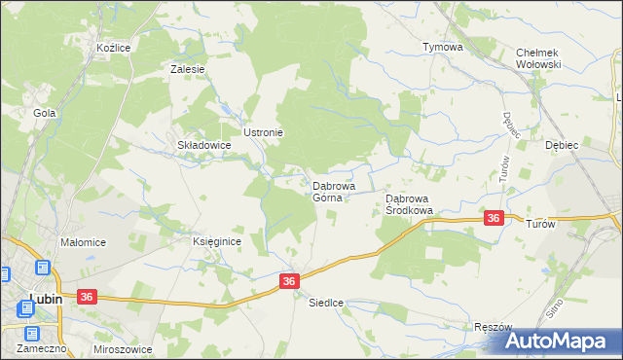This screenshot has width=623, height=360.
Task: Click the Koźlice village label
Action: pyautogui.click(x=114, y=47)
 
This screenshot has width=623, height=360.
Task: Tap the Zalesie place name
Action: pyautogui.click(x=187, y=69)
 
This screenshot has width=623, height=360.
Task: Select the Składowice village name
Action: pyautogui.click(x=203, y=145)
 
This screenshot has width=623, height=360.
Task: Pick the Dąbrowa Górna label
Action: pyautogui.click(x=333, y=191)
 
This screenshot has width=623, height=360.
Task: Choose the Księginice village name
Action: pyautogui.click(x=215, y=242)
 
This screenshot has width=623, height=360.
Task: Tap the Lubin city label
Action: pyautogui.click(x=46, y=300)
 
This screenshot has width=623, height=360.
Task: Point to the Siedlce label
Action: pyautogui.click(x=326, y=303)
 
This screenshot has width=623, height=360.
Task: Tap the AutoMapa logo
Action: pyautogui.click(x=564, y=341)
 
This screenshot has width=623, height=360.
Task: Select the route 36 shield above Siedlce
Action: pyautogui.click(x=289, y=281)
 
